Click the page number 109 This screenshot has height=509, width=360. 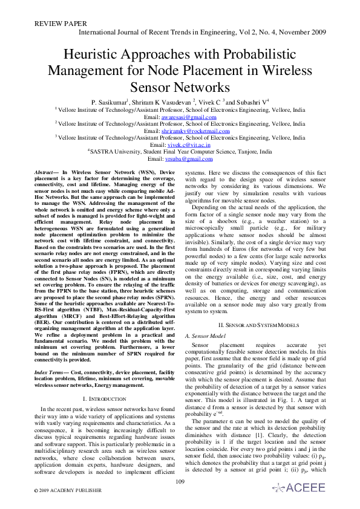click(180, 481)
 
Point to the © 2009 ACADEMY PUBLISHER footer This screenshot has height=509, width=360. click(59, 493)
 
